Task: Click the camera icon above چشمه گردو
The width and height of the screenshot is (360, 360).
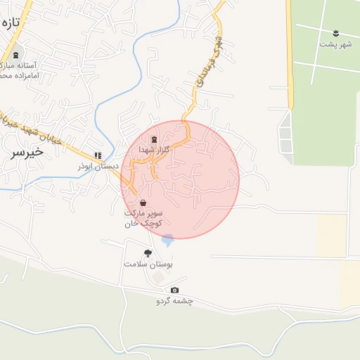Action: coord(174,290)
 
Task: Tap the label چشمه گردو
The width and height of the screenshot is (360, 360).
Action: coord(174,301)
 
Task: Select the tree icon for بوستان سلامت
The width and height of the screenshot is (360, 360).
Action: coord(148,253)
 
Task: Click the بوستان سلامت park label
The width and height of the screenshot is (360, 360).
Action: coord(148,264)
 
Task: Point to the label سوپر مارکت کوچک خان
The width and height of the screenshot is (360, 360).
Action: coord(143,217)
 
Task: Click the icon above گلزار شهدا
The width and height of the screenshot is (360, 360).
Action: coord(155,139)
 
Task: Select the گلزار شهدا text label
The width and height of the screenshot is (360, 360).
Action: coord(154,150)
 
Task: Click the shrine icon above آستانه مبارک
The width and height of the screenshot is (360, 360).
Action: coord(16,54)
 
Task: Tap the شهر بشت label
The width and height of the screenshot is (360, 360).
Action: coord(335,44)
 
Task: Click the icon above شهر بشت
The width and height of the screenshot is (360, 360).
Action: coord(335,32)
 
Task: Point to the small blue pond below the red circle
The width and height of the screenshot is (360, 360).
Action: coord(167,240)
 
